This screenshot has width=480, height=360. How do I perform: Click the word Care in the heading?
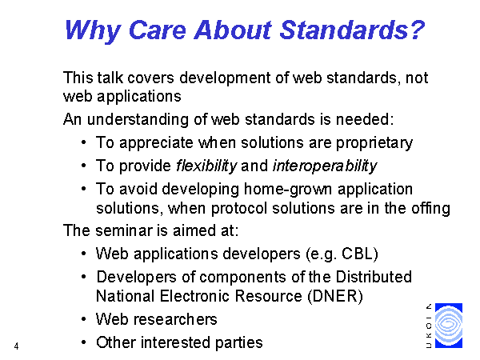[158, 30]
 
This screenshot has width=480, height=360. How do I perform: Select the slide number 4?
[16, 346]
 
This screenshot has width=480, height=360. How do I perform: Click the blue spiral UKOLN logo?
[449, 326]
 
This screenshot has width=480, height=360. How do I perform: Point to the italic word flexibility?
[206, 166]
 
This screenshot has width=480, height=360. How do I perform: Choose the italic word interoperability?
[325, 166]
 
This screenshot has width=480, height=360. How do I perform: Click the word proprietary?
[374, 143]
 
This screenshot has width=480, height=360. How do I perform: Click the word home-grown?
[288, 189]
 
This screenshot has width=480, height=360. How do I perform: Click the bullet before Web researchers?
[83, 319]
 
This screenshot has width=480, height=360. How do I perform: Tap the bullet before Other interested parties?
[83, 342]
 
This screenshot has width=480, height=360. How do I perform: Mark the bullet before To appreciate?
[83, 142]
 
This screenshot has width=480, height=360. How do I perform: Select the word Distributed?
[374, 277]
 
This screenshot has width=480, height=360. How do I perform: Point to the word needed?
[363, 119]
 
